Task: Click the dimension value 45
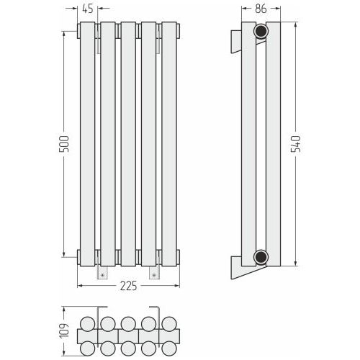(x=88, y=9)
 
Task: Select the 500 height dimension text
(x=64, y=144)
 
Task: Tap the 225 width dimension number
(x=128, y=286)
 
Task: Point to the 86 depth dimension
(x=261, y=9)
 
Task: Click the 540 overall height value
(x=296, y=144)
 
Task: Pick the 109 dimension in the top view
(x=64, y=331)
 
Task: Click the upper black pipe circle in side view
(x=261, y=31)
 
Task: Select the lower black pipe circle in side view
(x=261, y=257)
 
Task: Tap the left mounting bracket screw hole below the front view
(x=103, y=275)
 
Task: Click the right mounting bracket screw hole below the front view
(x=154, y=275)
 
